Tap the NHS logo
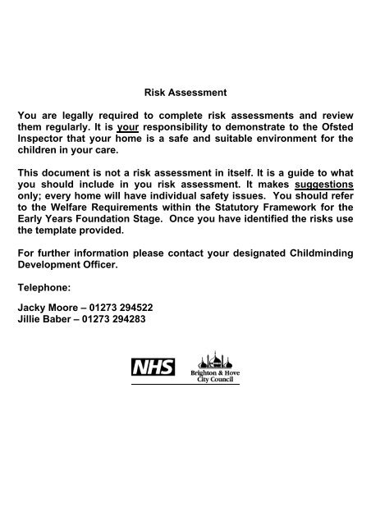point(153,366)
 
